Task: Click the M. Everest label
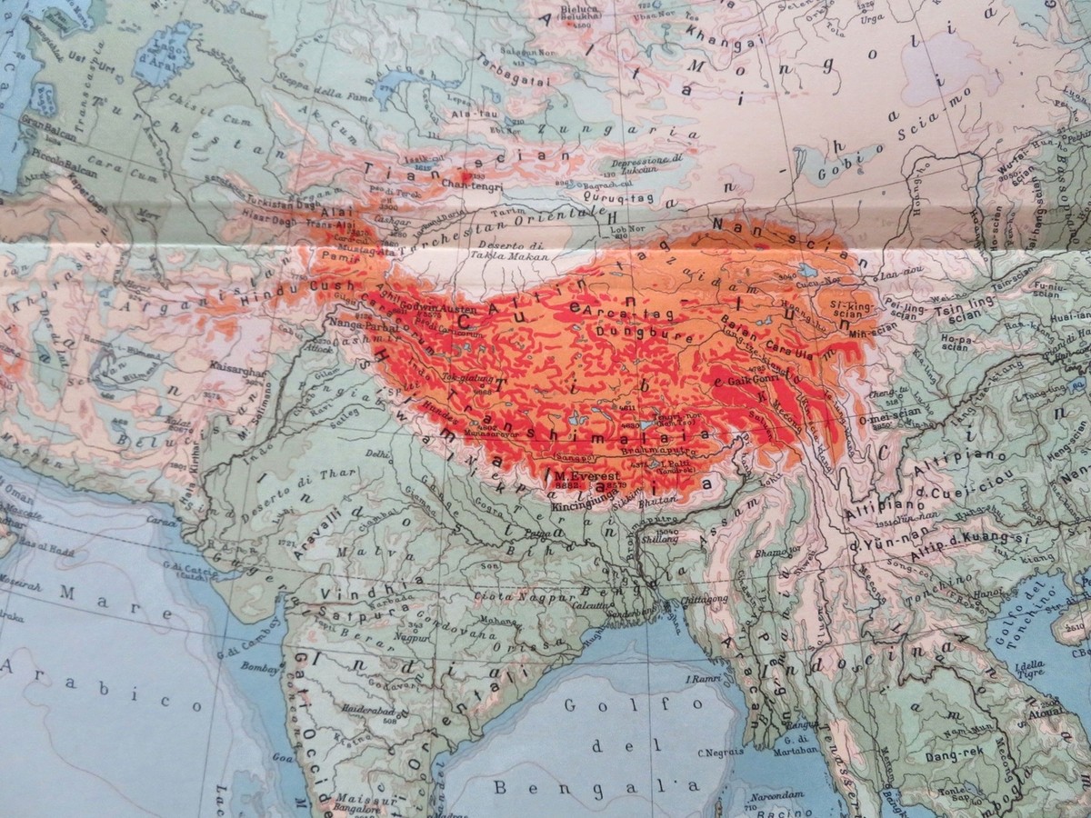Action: point(587,476)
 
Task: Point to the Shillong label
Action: point(660,539)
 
